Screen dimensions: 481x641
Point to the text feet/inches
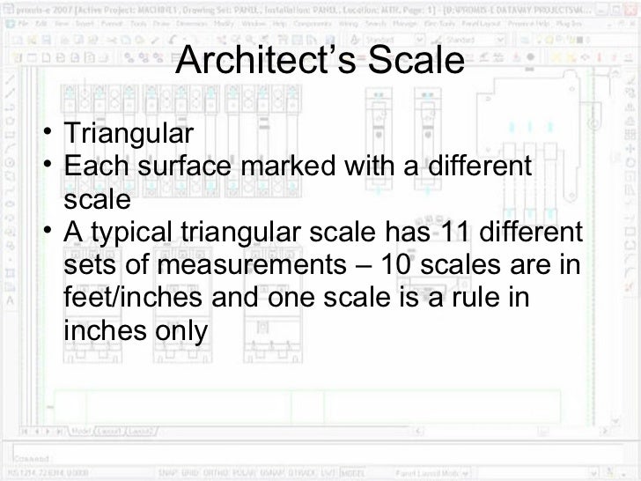132,300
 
